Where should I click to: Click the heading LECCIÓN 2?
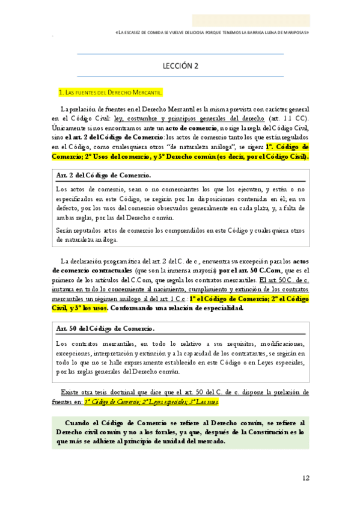pos(180,67)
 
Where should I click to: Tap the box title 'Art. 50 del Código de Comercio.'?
pos(105,329)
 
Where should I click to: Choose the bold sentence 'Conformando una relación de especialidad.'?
pos(176,308)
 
